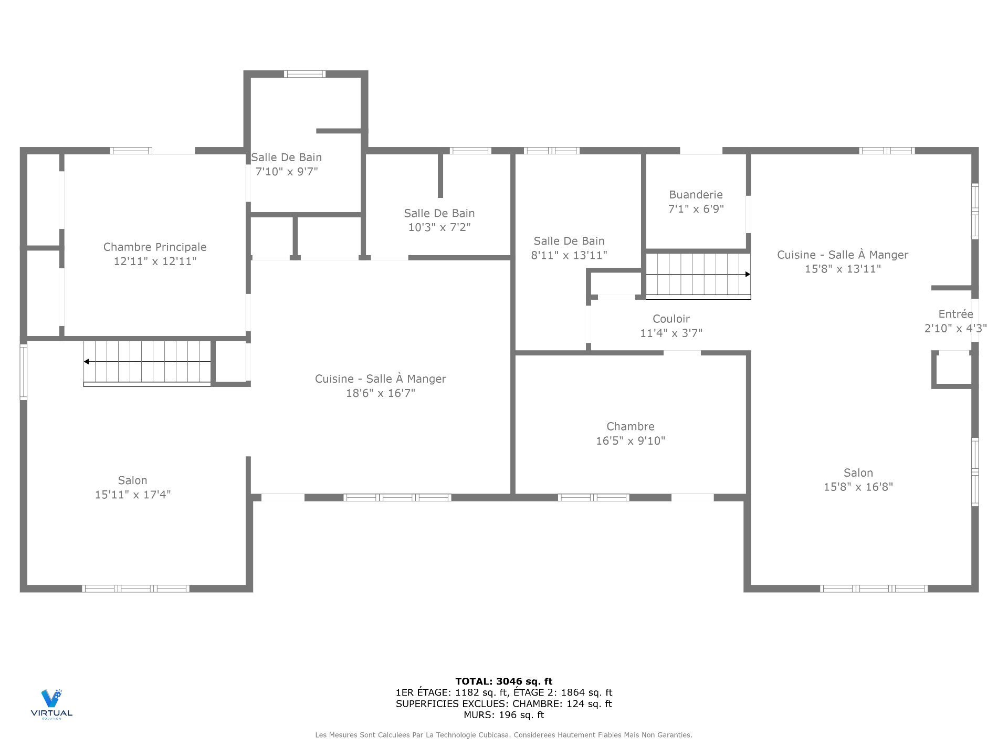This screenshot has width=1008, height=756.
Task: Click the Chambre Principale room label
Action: [155, 247]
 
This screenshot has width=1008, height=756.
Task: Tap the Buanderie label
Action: [696, 195]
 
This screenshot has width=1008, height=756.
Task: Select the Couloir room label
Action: [671, 319]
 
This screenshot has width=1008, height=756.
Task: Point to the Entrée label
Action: [955, 314]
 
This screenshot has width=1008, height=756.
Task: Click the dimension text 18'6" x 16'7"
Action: [380, 393]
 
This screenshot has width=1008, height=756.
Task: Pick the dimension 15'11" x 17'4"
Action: [132, 495]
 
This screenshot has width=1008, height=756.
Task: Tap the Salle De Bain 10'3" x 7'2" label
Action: [439, 213]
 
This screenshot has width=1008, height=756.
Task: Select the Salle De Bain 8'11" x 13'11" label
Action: [569, 241]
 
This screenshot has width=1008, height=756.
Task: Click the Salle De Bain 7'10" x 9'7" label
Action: [286, 157]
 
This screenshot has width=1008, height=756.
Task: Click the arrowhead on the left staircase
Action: [87, 362]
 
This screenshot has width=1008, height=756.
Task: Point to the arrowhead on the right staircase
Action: [748, 274]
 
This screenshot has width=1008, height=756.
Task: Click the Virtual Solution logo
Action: [51, 703]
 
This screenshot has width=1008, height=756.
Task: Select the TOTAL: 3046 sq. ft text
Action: [503, 681]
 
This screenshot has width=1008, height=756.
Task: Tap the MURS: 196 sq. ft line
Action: [503, 715]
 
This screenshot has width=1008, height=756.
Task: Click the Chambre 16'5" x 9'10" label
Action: [630, 426]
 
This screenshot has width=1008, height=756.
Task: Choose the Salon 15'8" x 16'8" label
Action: [858, 472]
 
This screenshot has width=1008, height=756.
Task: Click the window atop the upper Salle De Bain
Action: [304, 74]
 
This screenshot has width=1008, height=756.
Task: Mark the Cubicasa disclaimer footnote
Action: [503, 735]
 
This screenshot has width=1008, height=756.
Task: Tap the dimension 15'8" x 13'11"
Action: [843, 269]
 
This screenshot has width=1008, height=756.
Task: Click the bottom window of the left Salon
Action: [135, 589]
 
